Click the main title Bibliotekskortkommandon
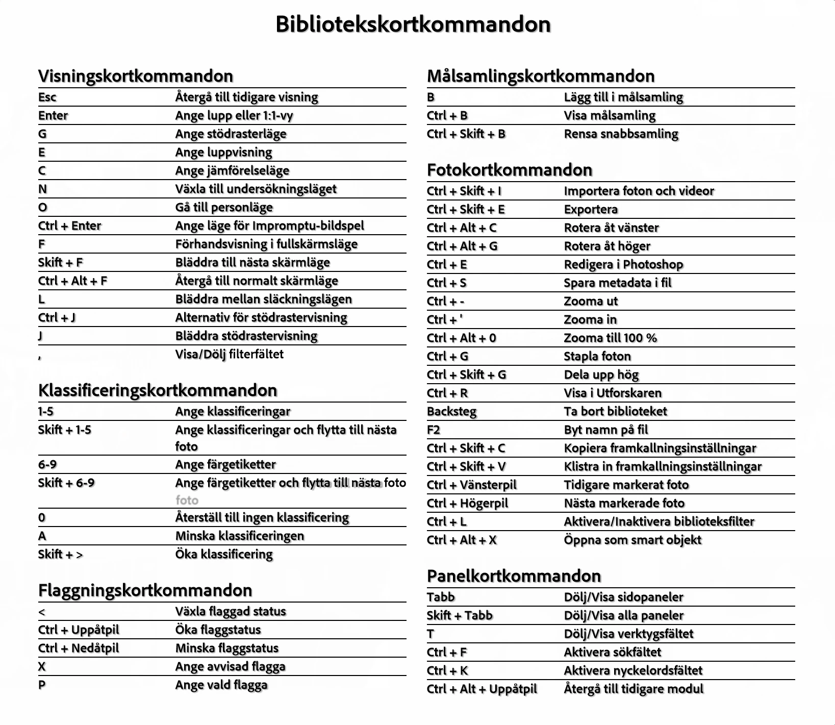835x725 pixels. tap(413, 24)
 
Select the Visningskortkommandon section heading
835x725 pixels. tap(136, 76)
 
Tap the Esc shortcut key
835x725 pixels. tap(47, 97)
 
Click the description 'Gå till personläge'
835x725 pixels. tap(224, 207)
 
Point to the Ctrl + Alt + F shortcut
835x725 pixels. tap(72, 281)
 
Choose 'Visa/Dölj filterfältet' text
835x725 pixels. tap(229, 354)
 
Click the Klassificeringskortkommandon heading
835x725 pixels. tap(158, 390)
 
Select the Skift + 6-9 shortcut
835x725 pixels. tap(66, 483)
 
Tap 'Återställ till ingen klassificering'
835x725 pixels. tap(262, 517)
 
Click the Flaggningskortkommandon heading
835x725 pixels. tap(145, 590)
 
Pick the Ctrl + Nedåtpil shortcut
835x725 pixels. tap(79, 648)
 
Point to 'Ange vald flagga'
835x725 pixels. tap(221, 685)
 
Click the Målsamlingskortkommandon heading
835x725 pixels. tap(541, 76)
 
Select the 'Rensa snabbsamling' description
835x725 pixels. tap(621, 134)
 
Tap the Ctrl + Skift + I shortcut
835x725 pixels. tap(464, 191)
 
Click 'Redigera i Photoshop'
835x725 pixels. tap(623, 264)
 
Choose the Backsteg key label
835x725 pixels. tap(451, 411)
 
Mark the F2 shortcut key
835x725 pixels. tap(434, 430)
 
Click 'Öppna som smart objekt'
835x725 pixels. tap(632, 540)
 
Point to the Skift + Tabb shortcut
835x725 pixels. tap(460, 615)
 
